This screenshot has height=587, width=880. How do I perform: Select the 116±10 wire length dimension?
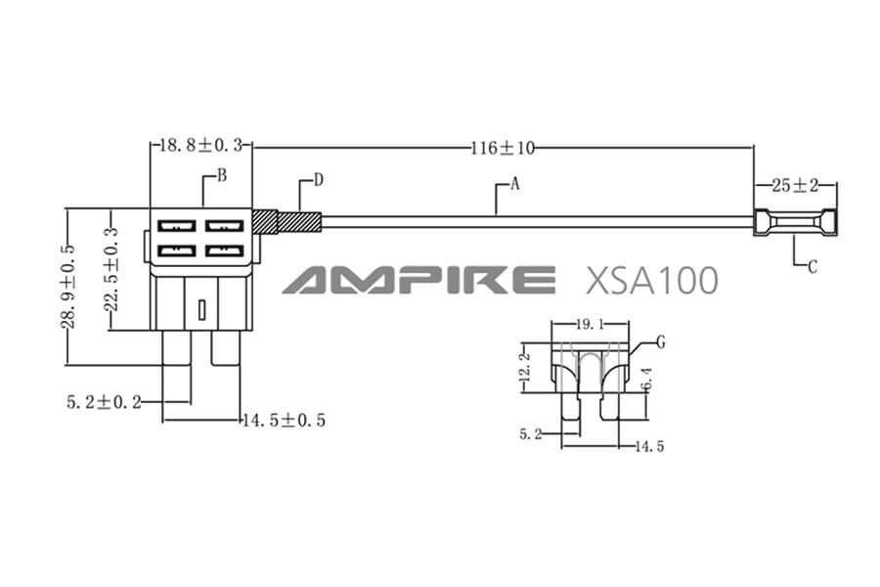(503, 148)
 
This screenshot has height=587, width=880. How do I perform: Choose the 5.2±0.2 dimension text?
(104, 401)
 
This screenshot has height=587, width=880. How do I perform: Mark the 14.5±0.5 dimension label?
(284, 420)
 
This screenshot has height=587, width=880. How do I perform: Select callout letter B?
(222, 176)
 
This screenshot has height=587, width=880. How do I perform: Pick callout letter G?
(661, 341)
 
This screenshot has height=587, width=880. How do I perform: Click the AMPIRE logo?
(418, 280)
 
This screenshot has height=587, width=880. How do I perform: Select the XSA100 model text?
(650, 280)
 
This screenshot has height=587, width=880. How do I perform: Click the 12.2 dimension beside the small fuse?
(529, 367)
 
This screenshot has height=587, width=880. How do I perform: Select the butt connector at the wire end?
(795, 224)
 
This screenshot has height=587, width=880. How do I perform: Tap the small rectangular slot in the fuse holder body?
(200, 310)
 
